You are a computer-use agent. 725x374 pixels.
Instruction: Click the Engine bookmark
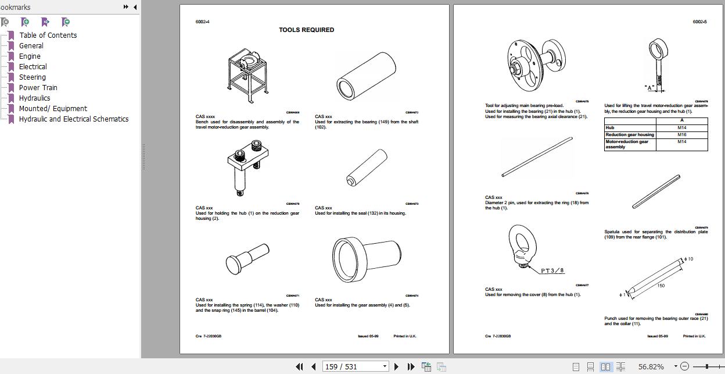(30, 56)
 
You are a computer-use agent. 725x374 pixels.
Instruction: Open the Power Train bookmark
(38, 88)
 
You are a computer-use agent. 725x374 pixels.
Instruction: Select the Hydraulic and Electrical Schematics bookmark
(73, 119)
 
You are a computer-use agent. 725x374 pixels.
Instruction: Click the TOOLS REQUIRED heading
(306, 30)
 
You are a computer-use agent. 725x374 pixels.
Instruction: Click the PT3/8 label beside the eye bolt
(552, 270)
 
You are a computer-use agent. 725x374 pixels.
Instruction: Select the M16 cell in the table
(681, 134)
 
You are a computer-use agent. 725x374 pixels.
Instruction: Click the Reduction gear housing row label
(630, 134)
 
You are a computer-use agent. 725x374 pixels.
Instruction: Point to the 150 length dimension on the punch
(661, 286)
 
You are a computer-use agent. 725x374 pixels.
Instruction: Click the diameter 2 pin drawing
(537, 157)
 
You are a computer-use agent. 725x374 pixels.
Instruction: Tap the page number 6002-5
(699, 22)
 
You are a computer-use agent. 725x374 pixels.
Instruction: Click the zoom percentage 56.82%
(651, 366)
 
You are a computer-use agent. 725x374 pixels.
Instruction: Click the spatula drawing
(656, 191)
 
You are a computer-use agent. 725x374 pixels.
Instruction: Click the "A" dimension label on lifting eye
(650, 88)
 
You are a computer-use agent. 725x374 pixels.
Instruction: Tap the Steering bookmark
(32, 77)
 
